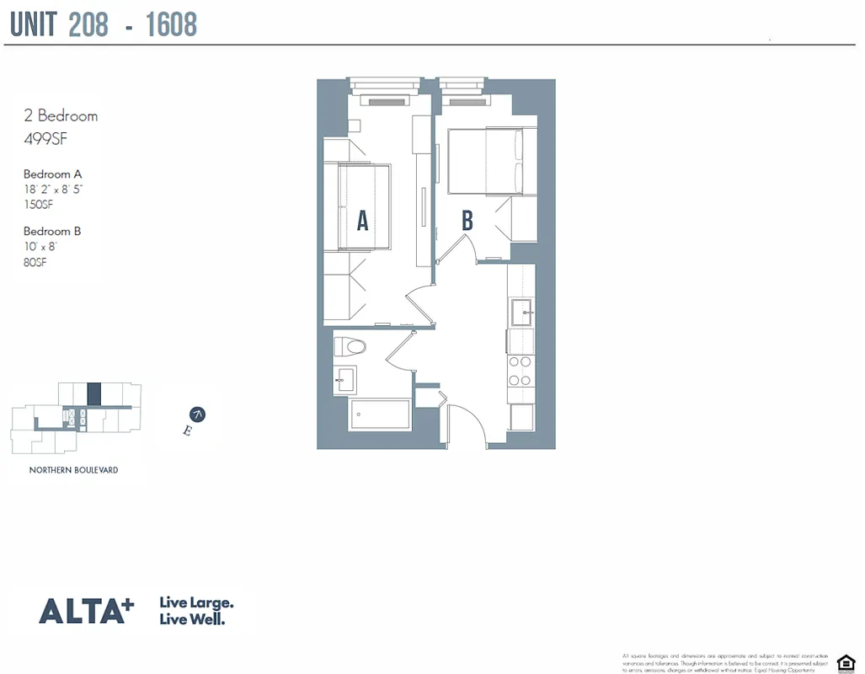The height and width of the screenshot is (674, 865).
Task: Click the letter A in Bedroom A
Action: (x=362, y=220)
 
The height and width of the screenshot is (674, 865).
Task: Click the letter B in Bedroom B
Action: (x=467, y=220)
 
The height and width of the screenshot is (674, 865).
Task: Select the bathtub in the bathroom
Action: (x=381, y=415)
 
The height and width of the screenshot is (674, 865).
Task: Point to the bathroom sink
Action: (x=344, y=379)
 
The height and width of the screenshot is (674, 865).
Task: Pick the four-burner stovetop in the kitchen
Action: (x=520, y=372)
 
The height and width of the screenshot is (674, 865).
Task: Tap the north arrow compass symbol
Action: (x=198, y=414)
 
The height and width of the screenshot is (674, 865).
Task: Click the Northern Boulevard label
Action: (x=73, y=470)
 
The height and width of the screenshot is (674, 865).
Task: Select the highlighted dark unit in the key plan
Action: (x=94, y=394)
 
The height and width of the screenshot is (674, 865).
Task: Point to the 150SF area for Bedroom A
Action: (x=39, y=203)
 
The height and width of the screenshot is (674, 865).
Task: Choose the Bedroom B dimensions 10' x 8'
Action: (x=40, y=246)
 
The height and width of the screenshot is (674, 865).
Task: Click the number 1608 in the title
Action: (x=171, y=25)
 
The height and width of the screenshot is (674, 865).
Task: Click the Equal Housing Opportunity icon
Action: (x=844, y=661)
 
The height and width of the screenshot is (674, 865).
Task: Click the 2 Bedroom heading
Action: (x=61, y=116)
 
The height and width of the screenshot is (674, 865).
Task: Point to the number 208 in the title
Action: (x=88, y=25)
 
